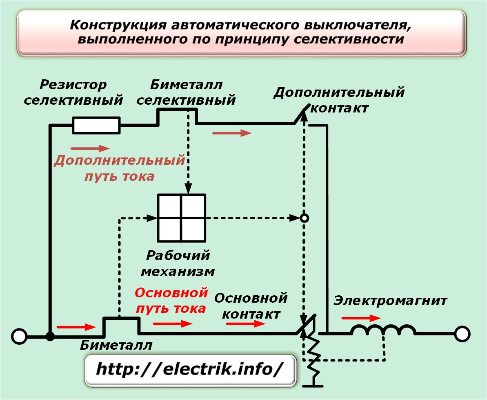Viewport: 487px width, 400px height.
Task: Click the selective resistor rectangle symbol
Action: pos(96,126)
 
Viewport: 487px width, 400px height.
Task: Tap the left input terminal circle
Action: pos(19,337)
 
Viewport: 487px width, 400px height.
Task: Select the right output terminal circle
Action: pos(462,334)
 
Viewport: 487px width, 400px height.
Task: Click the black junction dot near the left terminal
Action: pos(50,337)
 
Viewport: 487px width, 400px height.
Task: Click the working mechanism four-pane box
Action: pos(182,218)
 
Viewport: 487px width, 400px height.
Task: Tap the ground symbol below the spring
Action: pos(313,385)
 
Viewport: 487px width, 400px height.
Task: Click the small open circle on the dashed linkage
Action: pos(305,218)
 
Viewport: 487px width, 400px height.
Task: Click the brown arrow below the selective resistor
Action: pos(90,148)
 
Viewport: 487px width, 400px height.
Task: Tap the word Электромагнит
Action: pos(390,301)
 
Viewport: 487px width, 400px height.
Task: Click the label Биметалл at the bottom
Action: pos(116,345)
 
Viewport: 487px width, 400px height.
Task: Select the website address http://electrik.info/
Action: pos(190,369)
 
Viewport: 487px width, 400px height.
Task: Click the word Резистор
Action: pos(73,85)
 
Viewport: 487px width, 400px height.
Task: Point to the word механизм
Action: pos(178,272)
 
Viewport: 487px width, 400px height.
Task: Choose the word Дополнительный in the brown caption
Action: pos(120,161)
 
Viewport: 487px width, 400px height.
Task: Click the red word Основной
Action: pos(171,293)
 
